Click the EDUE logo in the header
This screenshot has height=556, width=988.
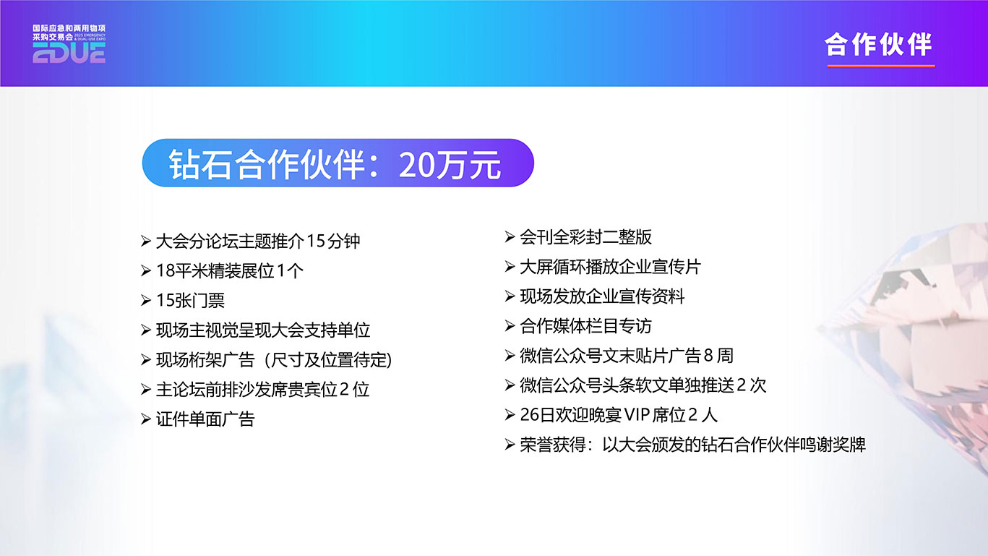tap(69, 44)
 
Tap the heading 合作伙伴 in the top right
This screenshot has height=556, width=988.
tap(878, 45)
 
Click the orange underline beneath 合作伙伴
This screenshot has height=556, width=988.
tap(881, 67)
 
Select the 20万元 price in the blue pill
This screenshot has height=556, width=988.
tap(450, 165)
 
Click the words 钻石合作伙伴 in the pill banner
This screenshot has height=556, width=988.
tap(267, 165)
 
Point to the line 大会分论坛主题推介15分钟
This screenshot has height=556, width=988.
tap(258, 241)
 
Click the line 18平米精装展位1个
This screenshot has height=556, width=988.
tap(230, 270)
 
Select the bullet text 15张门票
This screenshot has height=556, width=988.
tap(190, 301)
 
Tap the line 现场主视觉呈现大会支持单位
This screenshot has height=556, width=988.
tap(263, 330)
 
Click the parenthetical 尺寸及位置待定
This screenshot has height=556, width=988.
tap(328, 360)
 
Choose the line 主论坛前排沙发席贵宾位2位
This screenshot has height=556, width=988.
tap(262, 390)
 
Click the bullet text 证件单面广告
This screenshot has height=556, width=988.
tap(205, 419)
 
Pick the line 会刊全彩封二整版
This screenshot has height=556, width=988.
tap(585, 237)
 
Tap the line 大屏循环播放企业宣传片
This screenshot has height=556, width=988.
tap(611, 267)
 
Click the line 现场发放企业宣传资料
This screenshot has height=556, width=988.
tap(602, 296)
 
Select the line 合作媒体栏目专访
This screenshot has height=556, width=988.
tap(585, 326)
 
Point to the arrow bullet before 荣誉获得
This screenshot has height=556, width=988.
tap(510, 445)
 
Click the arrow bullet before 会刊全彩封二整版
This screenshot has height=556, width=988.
tap(510, 237)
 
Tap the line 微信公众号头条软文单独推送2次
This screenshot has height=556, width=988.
tap(643, 385)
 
